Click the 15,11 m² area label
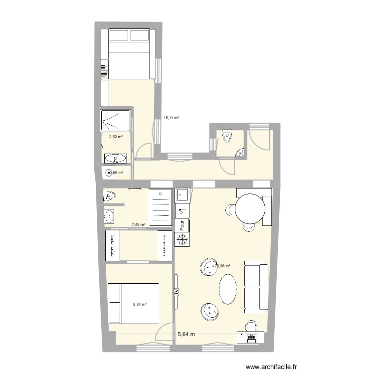(171, 118)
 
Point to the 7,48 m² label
(138, 224)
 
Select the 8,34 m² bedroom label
(139, 304)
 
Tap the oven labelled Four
(181, 225)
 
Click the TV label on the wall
(176, 292)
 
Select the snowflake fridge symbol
(182, 240)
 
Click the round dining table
(250, 210)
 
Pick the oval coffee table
(228, 289)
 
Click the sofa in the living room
(256, 286)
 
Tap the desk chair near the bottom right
(251, 326)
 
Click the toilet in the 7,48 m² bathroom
(110, 194)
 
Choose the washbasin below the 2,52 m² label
(116, 159)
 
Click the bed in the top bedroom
(130, 53)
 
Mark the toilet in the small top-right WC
(227, 135)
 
